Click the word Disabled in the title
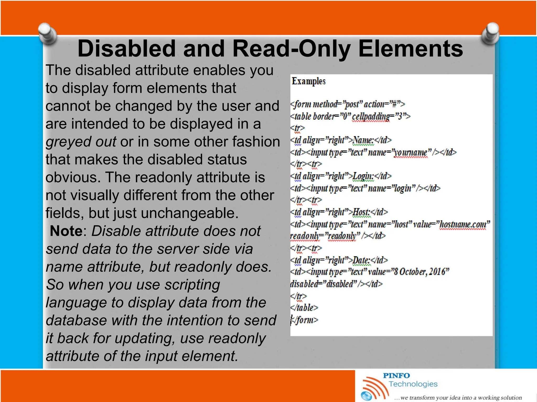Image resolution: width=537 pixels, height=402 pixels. tap(126, 49)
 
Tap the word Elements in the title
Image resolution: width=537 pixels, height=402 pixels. tap(410, 49)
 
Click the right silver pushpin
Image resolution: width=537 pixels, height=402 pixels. tap(491, 33)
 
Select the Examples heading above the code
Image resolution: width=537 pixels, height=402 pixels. tap(309, 81)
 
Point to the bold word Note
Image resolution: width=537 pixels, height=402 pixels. tap(66, 231)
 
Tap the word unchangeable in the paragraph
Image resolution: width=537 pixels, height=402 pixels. tap(190, 213)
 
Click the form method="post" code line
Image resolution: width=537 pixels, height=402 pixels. tap(347, 104)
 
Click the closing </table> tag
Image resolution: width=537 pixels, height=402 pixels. tap(304, 308)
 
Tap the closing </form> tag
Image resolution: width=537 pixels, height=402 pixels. tap(305, 320)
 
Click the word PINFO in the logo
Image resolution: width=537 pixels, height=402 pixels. tap(396, 376)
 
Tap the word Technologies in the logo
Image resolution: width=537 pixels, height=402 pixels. tap(413, 384)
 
